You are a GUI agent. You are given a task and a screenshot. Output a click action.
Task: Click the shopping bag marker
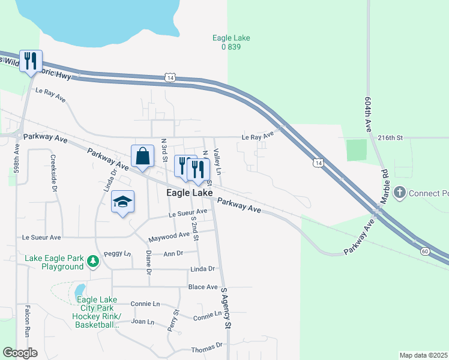tap(142, 157)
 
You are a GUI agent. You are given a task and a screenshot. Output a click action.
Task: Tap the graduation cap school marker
tap(122, 203)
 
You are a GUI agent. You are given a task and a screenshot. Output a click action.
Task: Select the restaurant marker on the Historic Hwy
tap(31, 61)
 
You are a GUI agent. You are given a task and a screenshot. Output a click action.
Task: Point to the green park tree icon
tap(92, 261)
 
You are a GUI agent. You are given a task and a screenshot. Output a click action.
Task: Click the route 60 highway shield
tap(425, 251)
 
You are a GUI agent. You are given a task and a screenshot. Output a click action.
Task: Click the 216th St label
tap(393, 137)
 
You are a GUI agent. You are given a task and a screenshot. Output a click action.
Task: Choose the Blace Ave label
tap(202, 287)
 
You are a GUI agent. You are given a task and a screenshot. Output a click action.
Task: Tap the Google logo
tap(20, 353)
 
